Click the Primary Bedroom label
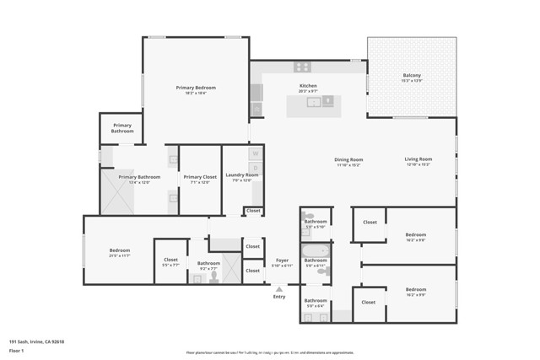click(x=196, y=88)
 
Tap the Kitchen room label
click(x=309, y=86)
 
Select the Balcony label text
click(x=411, y=76)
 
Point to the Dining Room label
click(x=348, y=159)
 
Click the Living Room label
click(x=418, y=159)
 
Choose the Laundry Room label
click(x=241, y=175)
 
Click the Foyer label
click(x=283, y=261)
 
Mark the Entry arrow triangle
click(x=279, y=288)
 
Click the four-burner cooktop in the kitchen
click(x=302, y=67)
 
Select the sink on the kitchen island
click(x=313, y=102)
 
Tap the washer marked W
click(x=255, y=153)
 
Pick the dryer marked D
click(x=255, y=168)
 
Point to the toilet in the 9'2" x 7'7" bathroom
click(x=215, y=275)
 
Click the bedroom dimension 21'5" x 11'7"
click(x=119, y=255)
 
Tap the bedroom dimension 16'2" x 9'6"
click(x=415, y=239)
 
